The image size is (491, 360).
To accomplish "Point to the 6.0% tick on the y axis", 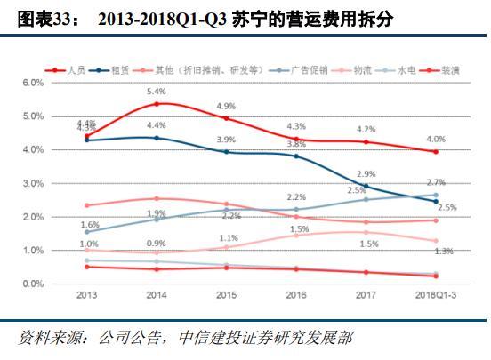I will click(x=33, y=83).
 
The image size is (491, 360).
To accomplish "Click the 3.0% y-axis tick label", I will click(x=33, y=183).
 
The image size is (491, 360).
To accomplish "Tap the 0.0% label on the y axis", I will click(x=33, y=284).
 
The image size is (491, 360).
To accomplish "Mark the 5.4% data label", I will click(x=157, y=92).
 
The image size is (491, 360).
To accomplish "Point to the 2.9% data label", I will click(x=366, y=174).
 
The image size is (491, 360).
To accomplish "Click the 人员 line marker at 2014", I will click(x=157, y=104).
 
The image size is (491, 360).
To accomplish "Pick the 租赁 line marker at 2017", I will click(x=366, y=187).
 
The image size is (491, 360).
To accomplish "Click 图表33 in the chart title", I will click(x=42, y=19).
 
